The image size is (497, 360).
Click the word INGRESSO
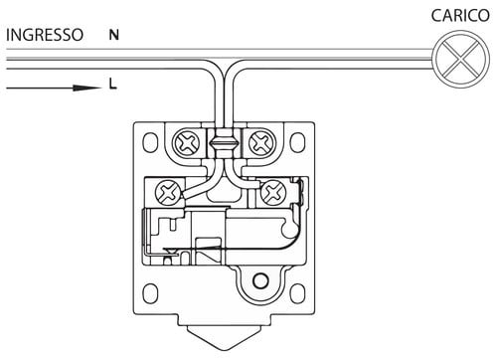(45, 35)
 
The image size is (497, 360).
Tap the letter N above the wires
(114, 35)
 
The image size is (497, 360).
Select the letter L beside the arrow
(113, 85)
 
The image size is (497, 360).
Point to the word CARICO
(460, 16)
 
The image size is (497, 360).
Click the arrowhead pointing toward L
(87, 88)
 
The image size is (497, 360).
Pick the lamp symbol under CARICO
(461, 60)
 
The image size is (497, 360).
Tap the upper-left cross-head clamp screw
(187, 143)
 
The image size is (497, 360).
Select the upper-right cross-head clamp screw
(262, 143)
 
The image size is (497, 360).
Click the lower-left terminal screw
(168, 193)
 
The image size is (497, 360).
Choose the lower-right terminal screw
(273, 192)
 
